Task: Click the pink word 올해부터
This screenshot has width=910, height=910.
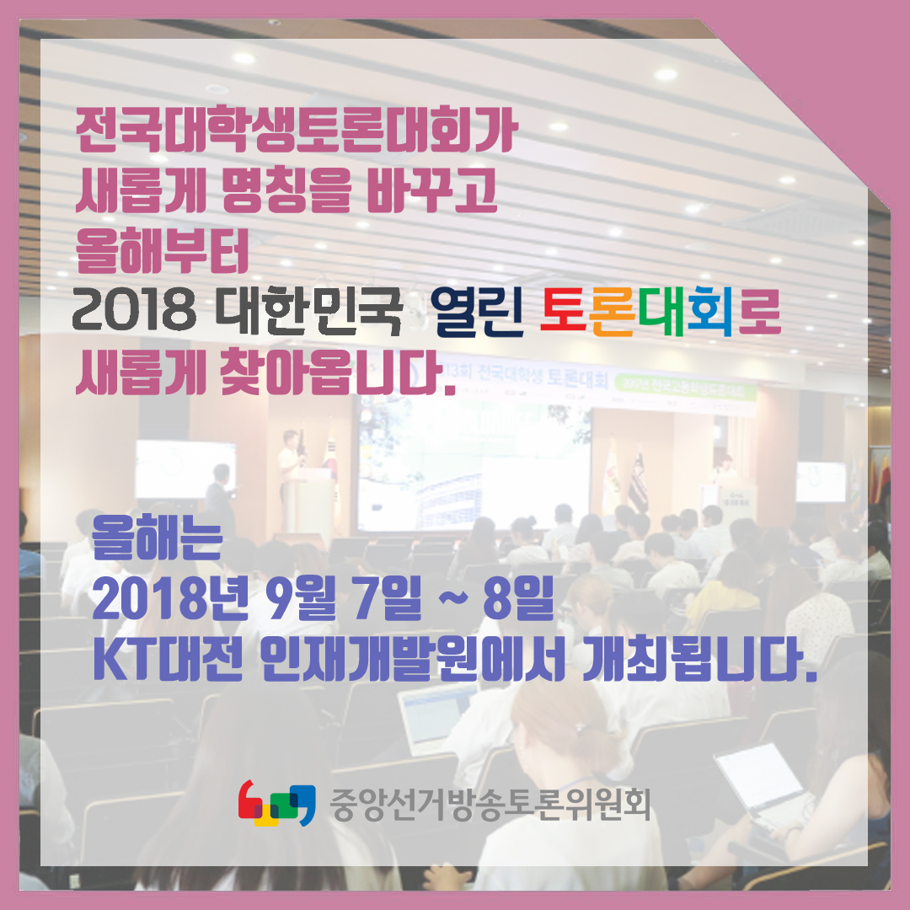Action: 162,251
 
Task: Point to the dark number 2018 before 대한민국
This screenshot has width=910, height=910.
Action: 134,311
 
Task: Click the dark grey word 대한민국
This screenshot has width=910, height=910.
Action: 308,311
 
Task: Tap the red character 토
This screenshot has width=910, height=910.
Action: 564,311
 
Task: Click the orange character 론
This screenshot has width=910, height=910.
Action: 613,312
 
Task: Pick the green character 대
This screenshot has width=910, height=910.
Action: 662,311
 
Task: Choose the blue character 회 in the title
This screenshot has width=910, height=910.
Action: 710,311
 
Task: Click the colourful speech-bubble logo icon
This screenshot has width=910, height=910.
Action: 277,803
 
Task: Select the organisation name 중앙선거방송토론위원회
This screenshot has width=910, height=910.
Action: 490,805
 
